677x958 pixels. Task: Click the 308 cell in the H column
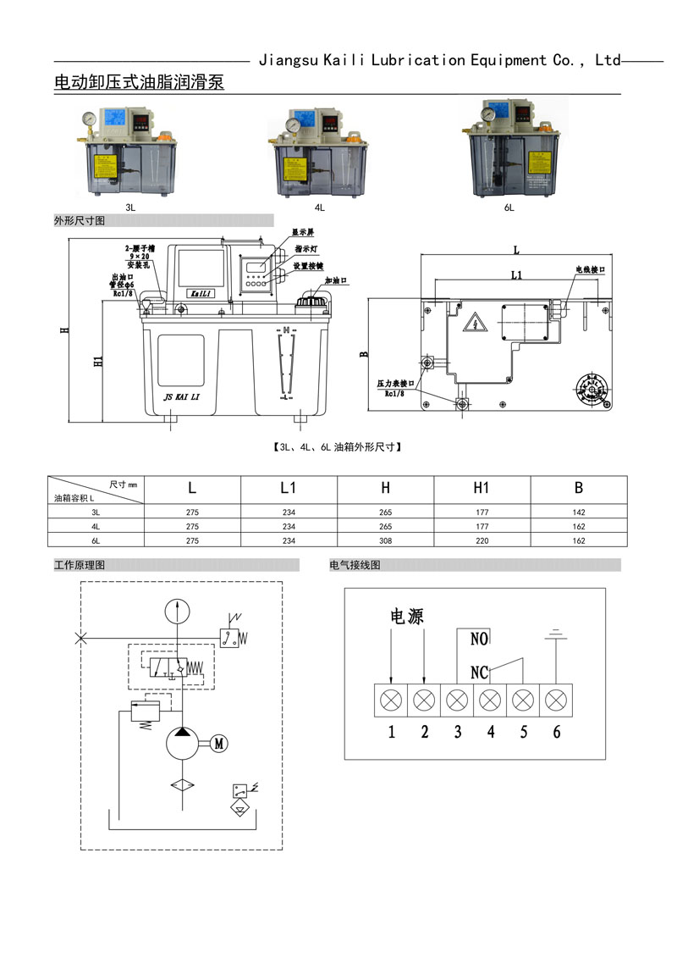(x=385, y=540)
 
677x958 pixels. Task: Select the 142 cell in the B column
(x=579, y=512)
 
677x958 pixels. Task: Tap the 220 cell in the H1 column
(x=482, y=540)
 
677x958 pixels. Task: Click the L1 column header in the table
(x=289, y=488)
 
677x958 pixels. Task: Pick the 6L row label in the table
(x=96, y=540)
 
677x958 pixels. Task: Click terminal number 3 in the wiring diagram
(x=458, y=733)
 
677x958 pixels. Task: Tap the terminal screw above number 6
(x=556, y=701)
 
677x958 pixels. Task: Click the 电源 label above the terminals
(x=406, y=616)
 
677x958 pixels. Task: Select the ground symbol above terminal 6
(x=556, y=634)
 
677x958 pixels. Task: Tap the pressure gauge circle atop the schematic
(x=177, y=612)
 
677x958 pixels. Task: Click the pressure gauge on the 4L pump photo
(x=293, y=125)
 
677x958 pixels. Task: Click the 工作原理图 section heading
(x=80, y=565)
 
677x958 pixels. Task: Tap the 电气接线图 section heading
(x=355, y=565)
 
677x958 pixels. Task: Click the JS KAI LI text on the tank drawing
(x=181, y=395)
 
